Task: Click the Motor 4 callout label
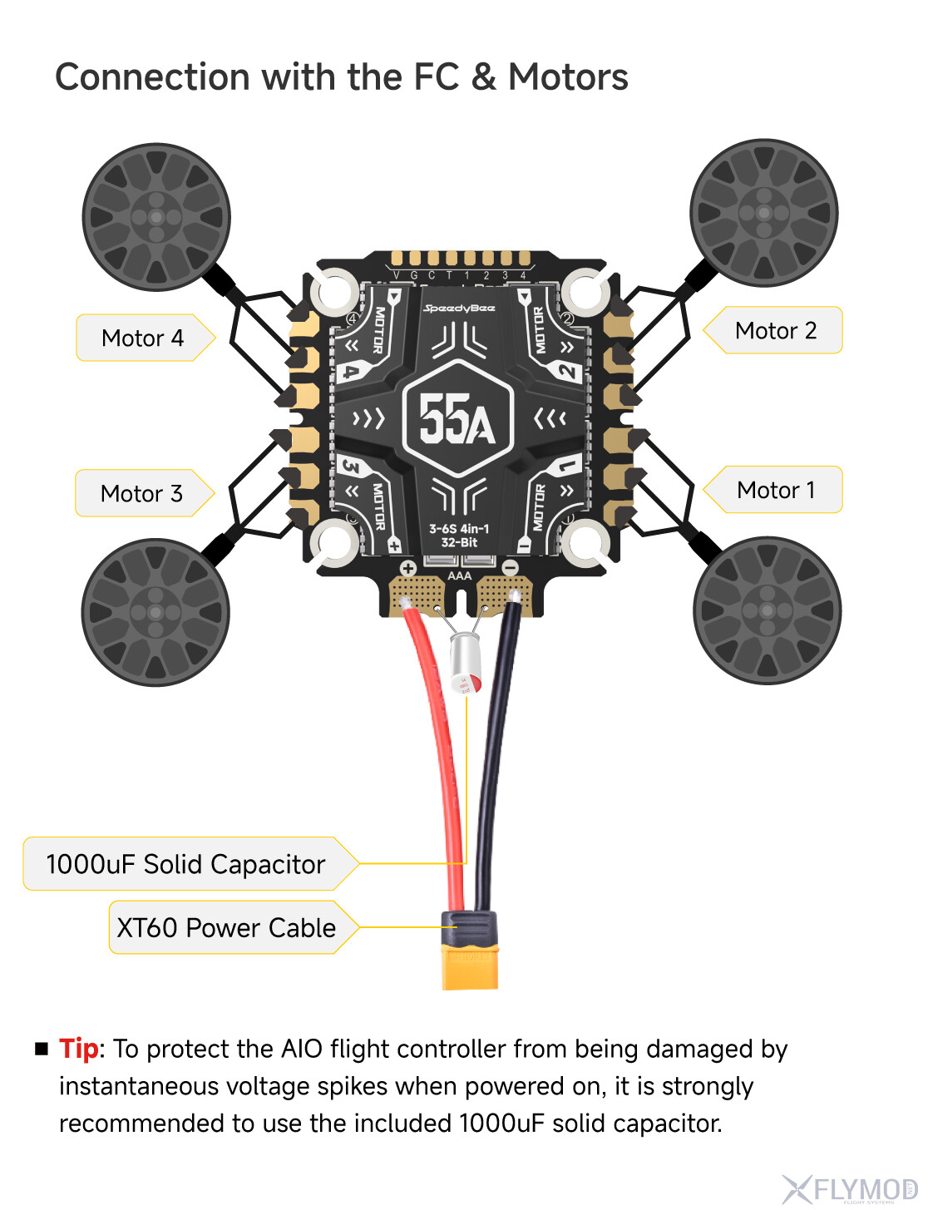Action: tap(142, 338)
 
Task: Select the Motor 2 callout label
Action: tap(776, 331)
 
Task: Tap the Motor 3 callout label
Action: tap(141, 494)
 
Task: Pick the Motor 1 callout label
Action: tap(776, 491)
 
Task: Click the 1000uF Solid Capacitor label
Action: tap(185, 865)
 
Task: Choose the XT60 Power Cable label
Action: tap(226, 928)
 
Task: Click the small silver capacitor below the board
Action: tap(466, 662)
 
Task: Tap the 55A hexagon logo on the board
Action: tap(458, 417)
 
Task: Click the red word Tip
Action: tap(79, 1049)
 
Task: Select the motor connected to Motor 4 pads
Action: tap(156, 217)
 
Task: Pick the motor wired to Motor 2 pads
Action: tap(764, 213)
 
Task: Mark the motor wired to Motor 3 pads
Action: tap(155, 612)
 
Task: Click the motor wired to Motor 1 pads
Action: tap(767, 610)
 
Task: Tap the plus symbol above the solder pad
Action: tap(408, 569)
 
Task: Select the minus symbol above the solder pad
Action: tap(511, 568)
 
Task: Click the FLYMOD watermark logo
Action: tap(850, 1189)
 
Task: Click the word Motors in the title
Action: tap(568, 77)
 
